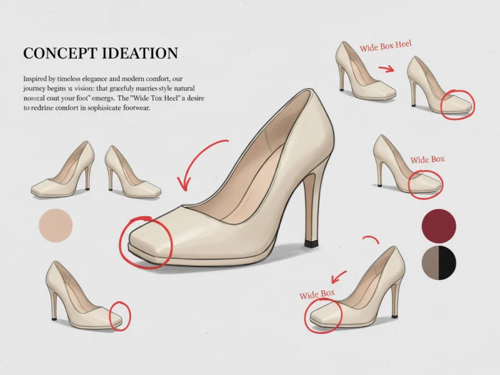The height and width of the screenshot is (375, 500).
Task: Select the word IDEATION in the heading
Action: click(141, 53)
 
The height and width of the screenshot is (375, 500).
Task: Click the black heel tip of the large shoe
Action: click(310, 242)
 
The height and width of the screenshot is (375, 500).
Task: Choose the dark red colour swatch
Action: click(439, 226)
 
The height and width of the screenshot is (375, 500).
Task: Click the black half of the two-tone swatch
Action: click(448, 262)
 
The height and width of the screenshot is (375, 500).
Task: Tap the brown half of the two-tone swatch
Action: click(431, 262)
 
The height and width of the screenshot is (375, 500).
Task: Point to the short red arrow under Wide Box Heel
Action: click(386, 68)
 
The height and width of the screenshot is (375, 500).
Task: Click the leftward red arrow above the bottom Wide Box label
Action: click(339, 275)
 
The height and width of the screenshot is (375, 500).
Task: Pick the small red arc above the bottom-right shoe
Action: click(371, 239)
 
